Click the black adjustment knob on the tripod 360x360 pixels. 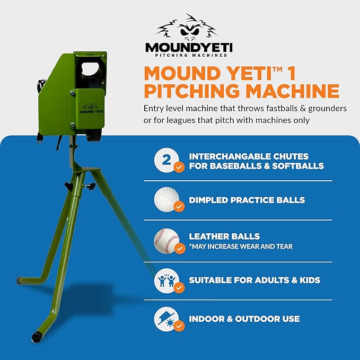[68, 187]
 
